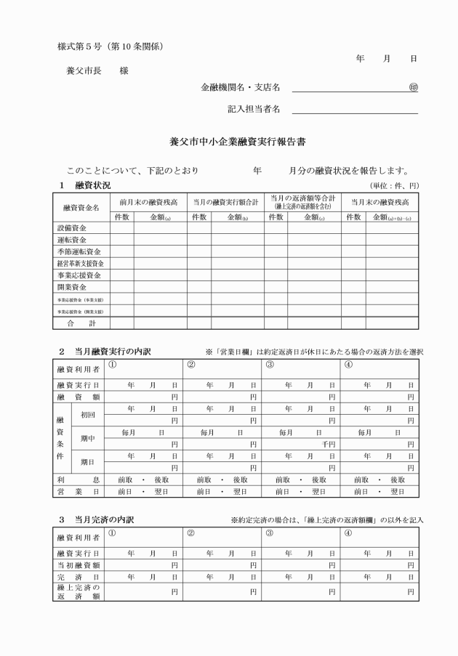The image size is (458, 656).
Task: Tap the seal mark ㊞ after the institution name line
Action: coord(413,88)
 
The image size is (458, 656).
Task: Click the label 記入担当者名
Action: coord(254,110)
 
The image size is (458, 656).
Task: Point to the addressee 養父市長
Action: coord(81,71)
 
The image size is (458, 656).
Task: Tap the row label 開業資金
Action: coord(73,287)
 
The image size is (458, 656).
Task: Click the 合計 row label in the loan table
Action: coord(81,323)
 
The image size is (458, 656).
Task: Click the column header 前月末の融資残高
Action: coord(148,202)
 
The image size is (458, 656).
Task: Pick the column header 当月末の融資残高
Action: coord(379,202)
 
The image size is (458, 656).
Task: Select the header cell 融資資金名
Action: coord(81,208)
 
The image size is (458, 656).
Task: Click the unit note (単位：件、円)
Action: coord(395,186)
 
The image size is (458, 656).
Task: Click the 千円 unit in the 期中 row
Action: coord(328,444)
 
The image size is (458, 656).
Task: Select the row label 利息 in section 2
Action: coord(81,479)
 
